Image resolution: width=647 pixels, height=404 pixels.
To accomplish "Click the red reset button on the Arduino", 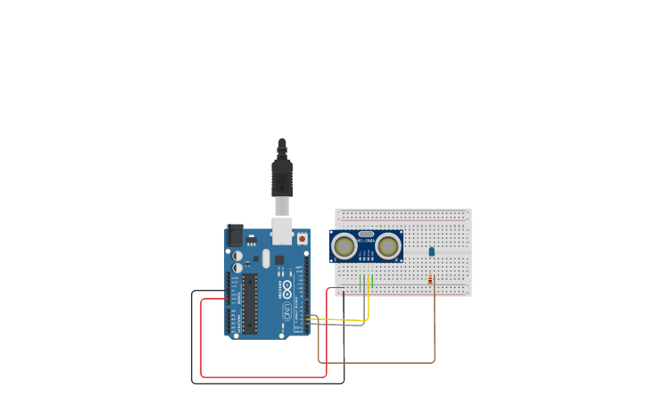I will click(x=302, y=239).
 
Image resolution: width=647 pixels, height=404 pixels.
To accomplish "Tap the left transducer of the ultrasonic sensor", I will click(x=344, y=245).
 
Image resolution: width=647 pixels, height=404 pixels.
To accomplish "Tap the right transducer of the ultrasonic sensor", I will click(x=388, y=245).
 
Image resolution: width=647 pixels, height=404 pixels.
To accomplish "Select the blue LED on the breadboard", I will click(x=432, y=251).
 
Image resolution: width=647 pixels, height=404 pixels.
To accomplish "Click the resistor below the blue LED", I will click(x=431, y=280).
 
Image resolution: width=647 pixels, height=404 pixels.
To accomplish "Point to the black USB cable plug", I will click(x=282, y=177).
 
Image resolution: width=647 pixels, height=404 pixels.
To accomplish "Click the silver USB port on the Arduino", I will click(x=282, y=231).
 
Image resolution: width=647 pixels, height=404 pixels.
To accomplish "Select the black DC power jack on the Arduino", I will click(x=235, y=235).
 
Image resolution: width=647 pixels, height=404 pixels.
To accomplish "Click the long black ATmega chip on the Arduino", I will click(x=250, y=303).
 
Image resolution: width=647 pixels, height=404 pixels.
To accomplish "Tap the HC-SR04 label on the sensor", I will click(x=366, y=240).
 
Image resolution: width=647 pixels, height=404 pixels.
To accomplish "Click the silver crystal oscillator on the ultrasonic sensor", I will click(x=366, y=234).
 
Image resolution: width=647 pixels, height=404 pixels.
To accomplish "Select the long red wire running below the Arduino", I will click(x=263, y=376).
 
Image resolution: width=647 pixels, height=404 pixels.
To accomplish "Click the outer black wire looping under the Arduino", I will click(x=268, y=383).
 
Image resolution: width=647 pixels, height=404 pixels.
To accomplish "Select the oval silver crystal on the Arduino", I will click(x=266, y=259).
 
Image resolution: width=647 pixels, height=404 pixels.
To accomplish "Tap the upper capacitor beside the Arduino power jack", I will click(x=237, y=256).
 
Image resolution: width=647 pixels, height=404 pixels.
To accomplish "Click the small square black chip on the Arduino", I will click(x=279, y=260).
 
